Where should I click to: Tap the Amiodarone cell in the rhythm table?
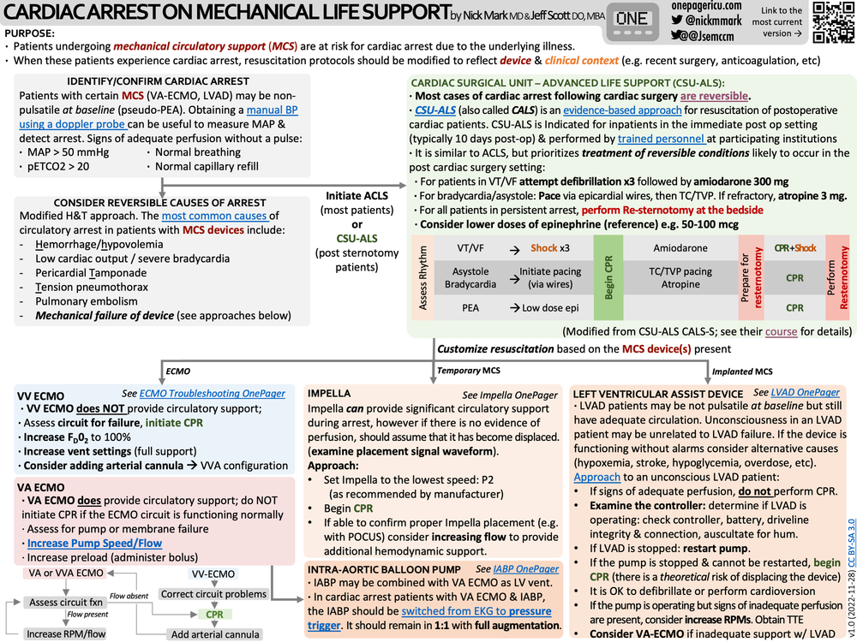pos(680,247)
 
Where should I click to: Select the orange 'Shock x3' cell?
pos(549,247)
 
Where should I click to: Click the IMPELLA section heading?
pos(329,394)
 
